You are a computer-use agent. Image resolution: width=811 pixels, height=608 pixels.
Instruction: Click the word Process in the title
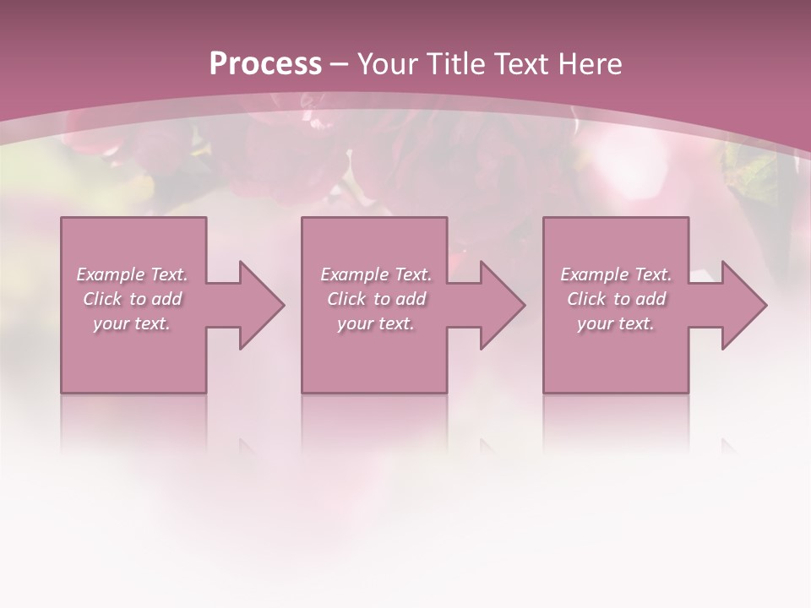click(265, 64)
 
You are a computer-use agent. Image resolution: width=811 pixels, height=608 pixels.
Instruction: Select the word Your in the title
click(389, 64)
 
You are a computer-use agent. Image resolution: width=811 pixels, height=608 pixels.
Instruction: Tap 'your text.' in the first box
click(132, 323)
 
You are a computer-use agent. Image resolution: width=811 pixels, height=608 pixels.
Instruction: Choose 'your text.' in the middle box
click(375, 323)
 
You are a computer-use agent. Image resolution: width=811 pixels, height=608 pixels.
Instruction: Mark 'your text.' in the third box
click(616, 323)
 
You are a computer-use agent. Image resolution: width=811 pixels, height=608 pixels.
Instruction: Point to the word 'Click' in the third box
click(586, 299)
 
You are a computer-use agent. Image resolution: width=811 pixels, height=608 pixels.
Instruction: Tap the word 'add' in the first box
click(166, 299)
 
